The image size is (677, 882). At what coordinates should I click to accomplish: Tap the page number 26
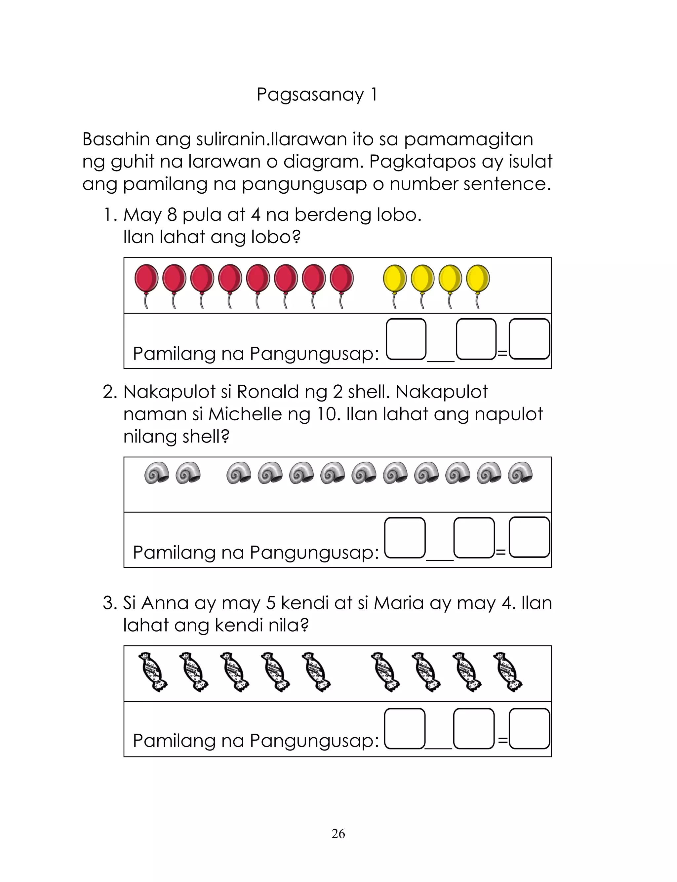click(x=338, y=833)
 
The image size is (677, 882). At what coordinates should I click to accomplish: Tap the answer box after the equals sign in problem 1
click(x=529, y=339)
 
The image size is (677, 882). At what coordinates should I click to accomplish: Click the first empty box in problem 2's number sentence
click(x=405, y=538)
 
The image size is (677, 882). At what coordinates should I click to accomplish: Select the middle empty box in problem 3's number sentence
click(x=474, y=729)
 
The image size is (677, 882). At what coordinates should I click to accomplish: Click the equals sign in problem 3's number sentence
click(x=502, y=740)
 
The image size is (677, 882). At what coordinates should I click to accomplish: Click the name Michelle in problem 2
click(x=245, y=414)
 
